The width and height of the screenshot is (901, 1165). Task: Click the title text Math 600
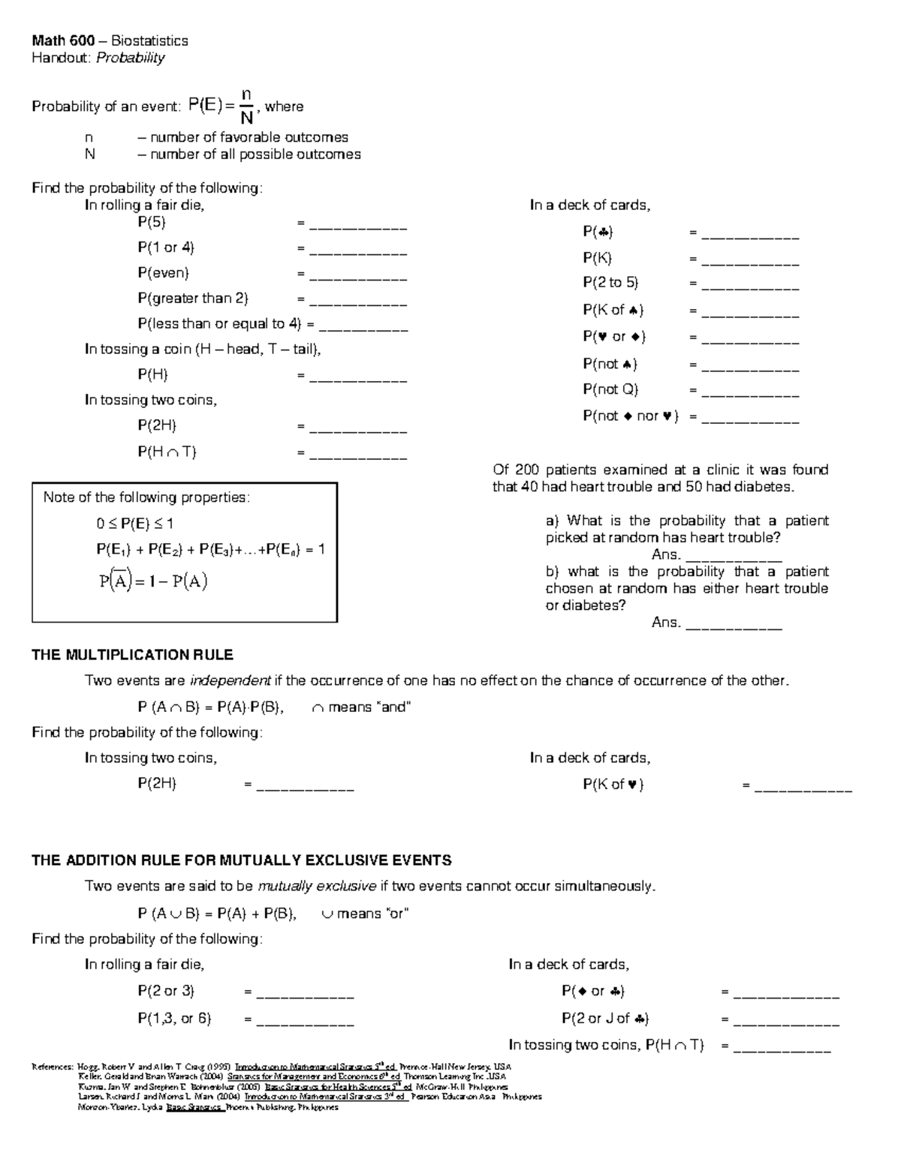coord(62,41)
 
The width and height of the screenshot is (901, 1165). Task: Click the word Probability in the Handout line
coord(130,58)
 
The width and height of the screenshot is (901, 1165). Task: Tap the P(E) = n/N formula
coord(221,107)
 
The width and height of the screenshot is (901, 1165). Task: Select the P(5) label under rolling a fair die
coord(151,222)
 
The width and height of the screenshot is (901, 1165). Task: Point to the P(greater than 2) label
coord(192,299)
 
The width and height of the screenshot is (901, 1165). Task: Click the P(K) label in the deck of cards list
coord(597,258)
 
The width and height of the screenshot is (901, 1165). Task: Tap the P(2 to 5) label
coord(610,283)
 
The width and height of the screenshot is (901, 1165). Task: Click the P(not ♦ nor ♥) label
coord(630,416)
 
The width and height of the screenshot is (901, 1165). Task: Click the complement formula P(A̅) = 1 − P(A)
coord(153,581)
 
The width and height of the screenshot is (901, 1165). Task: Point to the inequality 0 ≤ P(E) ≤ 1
coord(129,524)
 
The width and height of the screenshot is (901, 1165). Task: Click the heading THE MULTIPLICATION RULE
coord(132,655)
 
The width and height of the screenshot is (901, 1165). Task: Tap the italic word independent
coord(230,681)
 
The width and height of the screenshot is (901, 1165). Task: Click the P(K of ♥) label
coord(613,785)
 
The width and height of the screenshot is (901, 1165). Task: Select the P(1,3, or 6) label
coord(174,1019)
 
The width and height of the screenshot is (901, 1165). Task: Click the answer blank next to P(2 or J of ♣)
coord(786,1022)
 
